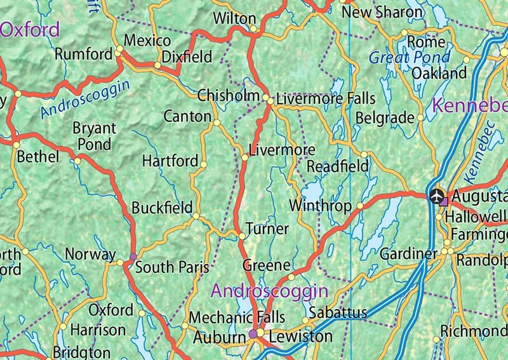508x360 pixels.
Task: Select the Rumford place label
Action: (83, 55)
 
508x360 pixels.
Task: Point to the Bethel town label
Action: (38, 156)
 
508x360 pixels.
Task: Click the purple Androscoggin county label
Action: (269, 291)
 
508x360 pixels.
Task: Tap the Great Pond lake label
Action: (410, 58)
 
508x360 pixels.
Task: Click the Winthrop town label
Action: (320, 206)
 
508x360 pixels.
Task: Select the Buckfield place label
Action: (162, 208)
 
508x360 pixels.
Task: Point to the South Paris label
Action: (173, 267)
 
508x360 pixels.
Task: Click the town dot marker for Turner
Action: (242, 236)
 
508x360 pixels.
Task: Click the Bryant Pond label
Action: (95, 136)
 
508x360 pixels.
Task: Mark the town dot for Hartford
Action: (203, 164)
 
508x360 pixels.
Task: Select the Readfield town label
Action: (337, 166)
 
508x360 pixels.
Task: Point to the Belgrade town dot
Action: (420, 117)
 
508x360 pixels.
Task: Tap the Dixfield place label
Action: (187, 57)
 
